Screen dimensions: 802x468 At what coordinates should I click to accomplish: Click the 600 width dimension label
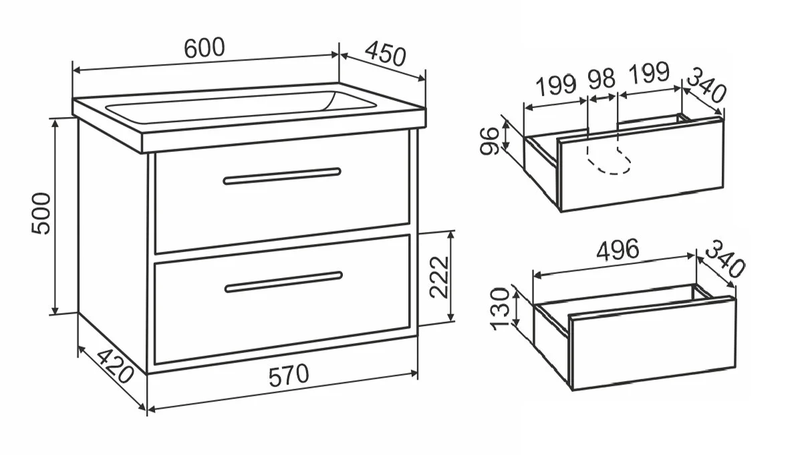tap(205, 47)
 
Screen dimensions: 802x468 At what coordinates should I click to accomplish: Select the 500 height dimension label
tap(41, 214)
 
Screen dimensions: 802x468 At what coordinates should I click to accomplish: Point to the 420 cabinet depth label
tap(115, 366)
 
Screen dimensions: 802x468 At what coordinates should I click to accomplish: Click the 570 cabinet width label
tap(289, 376)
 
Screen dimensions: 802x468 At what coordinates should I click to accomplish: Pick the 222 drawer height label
tap(439, 277)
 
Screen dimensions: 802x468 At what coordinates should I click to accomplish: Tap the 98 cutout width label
tap(601, 80)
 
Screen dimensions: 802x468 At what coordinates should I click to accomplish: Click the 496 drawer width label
tap(618, 249)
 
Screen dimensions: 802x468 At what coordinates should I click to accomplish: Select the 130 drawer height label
tap(500, 309)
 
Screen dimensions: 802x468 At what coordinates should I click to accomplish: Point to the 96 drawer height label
tap(489, 141)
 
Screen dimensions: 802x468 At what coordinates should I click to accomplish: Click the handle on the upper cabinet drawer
tap(282, 177)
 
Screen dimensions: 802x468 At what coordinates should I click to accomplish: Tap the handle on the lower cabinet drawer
tap(283, 282)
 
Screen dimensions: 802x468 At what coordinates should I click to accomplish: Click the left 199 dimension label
tap(556, 86)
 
